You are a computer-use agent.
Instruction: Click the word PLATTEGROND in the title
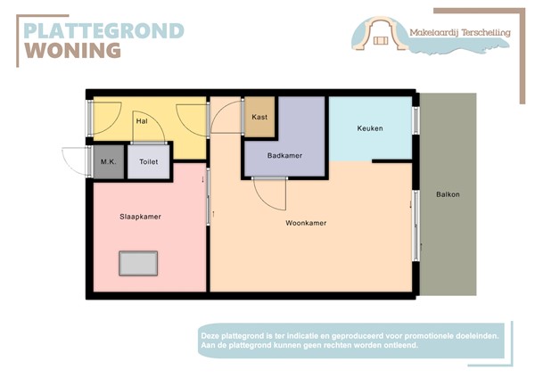(x=103, y=30)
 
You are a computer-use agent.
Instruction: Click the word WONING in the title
(x=72, y=50)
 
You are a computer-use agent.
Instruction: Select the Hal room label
(x=141, y=120)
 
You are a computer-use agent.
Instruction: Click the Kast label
(x=259, y=117)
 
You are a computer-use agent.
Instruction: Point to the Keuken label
(x=369, y=128)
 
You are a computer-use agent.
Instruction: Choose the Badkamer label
(x=284, y=155)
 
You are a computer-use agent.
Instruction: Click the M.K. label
(x=108, y=162)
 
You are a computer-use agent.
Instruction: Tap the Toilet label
(x=147, y=163)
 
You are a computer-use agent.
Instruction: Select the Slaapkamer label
(x=139, y=217)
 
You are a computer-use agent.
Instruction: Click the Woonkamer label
(x=306, y=223)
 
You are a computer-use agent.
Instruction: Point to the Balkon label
(x=448, y=194)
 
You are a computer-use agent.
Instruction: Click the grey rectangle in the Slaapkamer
(x=138, y=264)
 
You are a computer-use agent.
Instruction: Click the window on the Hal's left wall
(x=89, y=117)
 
